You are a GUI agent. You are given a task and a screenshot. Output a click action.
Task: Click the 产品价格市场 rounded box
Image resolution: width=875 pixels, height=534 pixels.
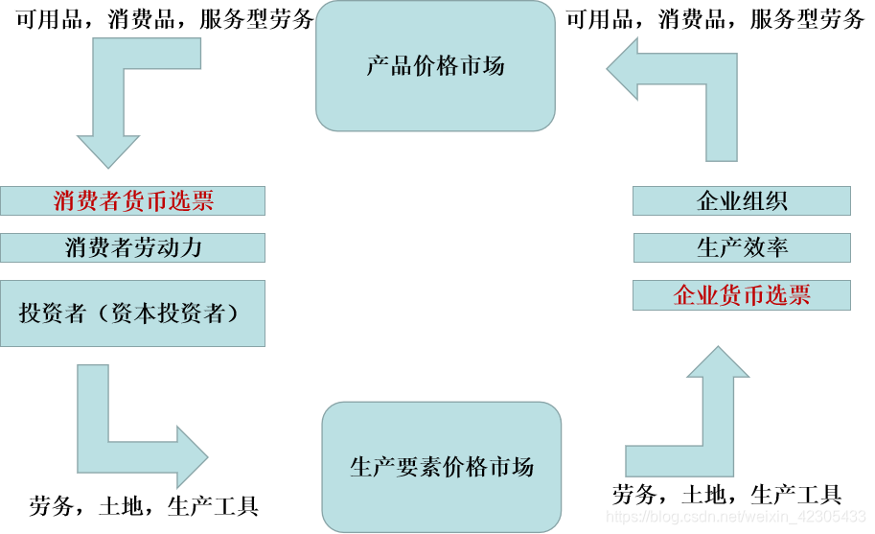[x=435, y=66]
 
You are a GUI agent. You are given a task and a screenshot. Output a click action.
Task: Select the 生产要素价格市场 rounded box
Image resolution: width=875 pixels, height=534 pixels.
[x=441, y=467]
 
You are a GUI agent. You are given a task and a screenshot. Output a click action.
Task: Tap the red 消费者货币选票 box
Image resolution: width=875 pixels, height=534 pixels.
[x=132, y=200]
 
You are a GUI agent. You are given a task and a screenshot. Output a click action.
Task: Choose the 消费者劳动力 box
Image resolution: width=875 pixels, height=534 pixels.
[x=132, y=247]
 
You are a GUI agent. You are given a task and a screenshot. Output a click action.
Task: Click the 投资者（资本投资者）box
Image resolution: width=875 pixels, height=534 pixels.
[x=132, y=313]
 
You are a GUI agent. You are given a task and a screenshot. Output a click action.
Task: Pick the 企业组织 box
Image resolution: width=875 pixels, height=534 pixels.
[x=741, y=201]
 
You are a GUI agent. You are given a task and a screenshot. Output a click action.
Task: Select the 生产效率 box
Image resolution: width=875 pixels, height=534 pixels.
[x=741, y=247]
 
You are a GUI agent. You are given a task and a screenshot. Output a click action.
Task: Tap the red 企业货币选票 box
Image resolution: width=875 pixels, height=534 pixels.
[x=741, y=295]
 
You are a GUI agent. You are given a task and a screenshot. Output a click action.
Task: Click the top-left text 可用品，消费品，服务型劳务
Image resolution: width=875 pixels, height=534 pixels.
[x=165, y=19]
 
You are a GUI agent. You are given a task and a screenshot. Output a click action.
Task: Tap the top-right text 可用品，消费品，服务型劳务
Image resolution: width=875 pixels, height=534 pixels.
[x=715, y=19]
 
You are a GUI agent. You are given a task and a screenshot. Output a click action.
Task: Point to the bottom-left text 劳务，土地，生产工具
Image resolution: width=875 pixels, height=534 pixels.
[x=144, y=505]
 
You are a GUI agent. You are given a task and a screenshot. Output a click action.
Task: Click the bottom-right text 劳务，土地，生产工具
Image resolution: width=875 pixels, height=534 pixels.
[x=726, y=495]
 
